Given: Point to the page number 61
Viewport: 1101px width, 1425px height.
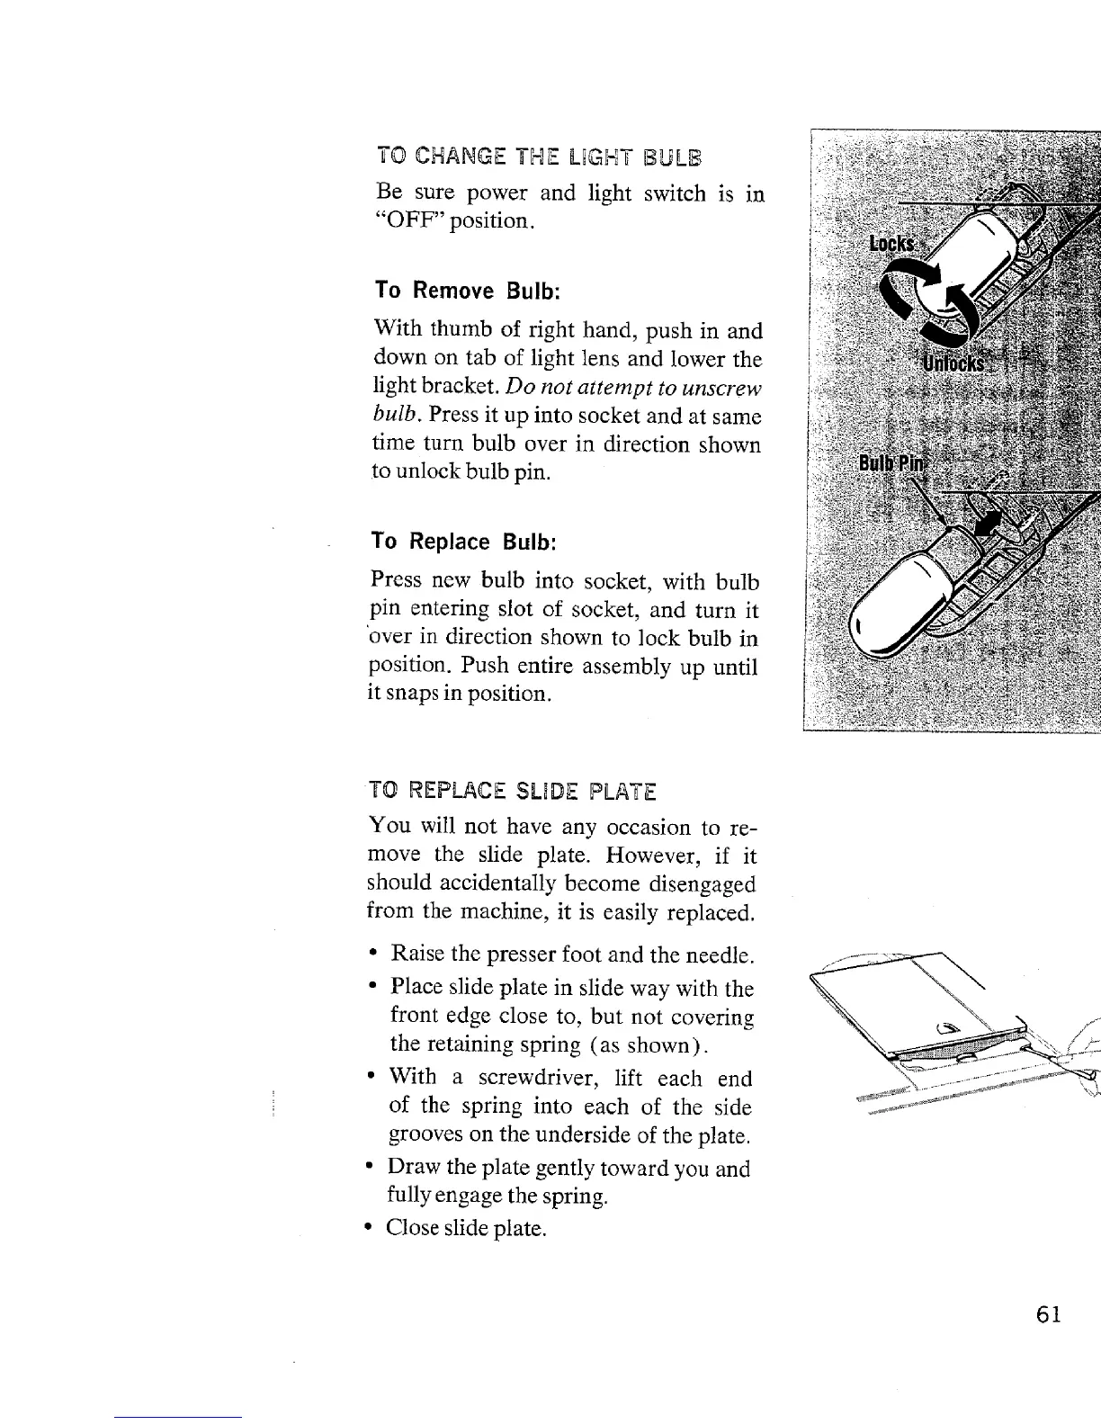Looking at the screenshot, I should (x=1049, y=1314).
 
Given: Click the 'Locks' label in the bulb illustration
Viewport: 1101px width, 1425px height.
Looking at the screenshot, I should (x=891, y=245).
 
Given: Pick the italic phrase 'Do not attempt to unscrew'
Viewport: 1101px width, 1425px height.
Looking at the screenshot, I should (x=634, y=388).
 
